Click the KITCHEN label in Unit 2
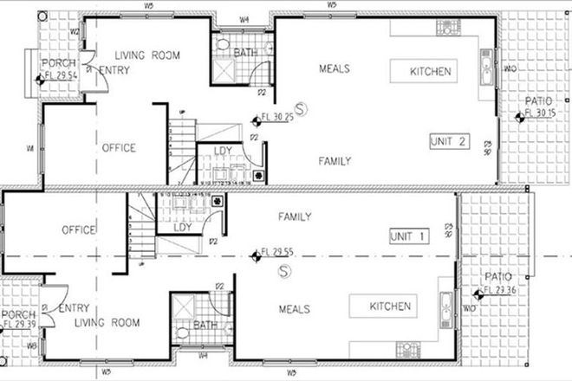point(431,71)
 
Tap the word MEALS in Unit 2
point(335,69)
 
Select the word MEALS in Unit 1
point(296,308)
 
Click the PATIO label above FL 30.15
point(538,101)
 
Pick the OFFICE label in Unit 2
point(118,148)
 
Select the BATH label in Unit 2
point(246,54)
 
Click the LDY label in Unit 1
point(183,228)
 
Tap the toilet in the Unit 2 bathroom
point(222,43)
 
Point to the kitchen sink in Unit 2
point(485,66)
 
